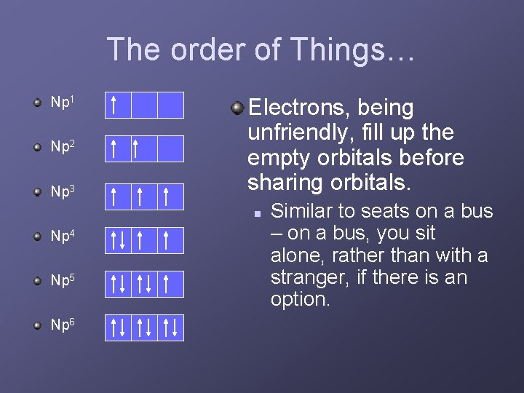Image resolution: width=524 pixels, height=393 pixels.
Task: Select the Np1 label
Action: (x=62, y=102)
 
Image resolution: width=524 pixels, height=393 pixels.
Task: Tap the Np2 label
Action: (x=62, y=147)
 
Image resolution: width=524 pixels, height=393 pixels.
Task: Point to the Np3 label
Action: (x=62, y=192)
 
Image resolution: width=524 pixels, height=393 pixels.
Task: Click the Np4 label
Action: (x=62, y=237)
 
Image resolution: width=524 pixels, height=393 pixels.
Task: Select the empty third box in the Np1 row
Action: (x=170, y=105)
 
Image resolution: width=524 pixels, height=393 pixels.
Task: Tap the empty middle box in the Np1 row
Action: (x=144, y=105)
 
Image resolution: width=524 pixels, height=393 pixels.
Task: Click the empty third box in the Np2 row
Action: (x=170, y=149)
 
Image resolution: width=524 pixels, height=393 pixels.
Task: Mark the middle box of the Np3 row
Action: (x=144, y=195)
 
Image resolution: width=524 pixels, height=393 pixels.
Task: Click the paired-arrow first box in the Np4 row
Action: (x=118, y=239)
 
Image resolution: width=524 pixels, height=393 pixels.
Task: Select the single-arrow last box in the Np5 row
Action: (x=170, y=284)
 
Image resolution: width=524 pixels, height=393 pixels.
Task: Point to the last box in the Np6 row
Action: (x=170, y=328)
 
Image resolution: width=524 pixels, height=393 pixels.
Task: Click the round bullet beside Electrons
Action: (x=237, y=108)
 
